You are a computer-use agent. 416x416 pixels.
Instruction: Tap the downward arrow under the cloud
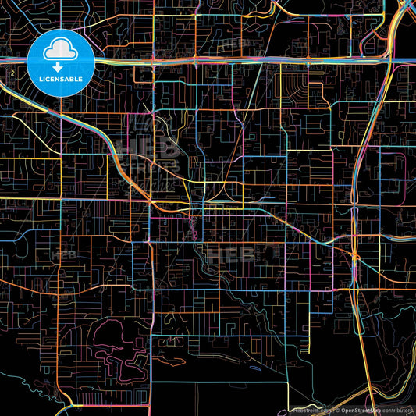point(60,68)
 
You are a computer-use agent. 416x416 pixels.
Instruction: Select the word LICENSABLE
point(61,79)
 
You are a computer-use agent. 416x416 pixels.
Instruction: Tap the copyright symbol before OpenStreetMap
point(332,408)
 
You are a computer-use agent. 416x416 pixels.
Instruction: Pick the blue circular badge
point(60,62)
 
